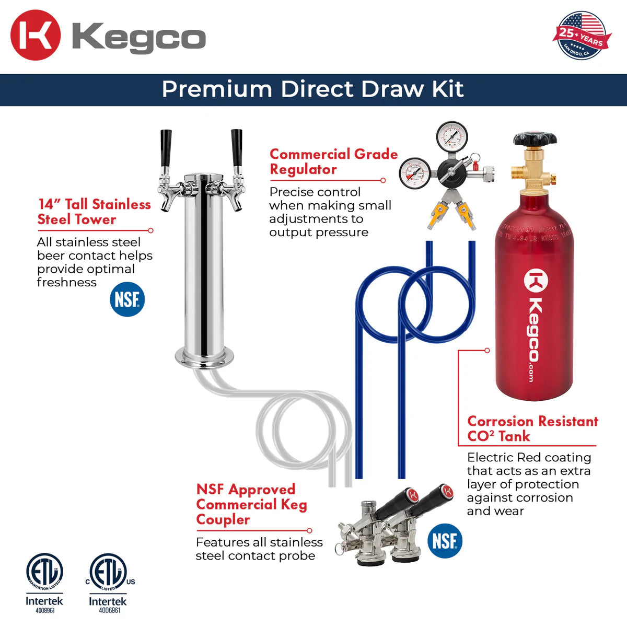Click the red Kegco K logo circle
(36, 36)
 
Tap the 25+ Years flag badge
(580, 35)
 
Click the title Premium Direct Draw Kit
(312, 89)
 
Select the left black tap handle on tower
(166, 148)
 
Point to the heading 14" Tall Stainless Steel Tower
(94, 212)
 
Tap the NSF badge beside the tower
(127, 300)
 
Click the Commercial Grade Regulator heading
(333, 162)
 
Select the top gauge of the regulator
(452, 137)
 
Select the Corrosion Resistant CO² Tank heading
(532, 428)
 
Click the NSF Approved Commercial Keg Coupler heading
(251, 504)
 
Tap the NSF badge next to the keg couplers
(445, 541)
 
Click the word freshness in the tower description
(67, 282)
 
